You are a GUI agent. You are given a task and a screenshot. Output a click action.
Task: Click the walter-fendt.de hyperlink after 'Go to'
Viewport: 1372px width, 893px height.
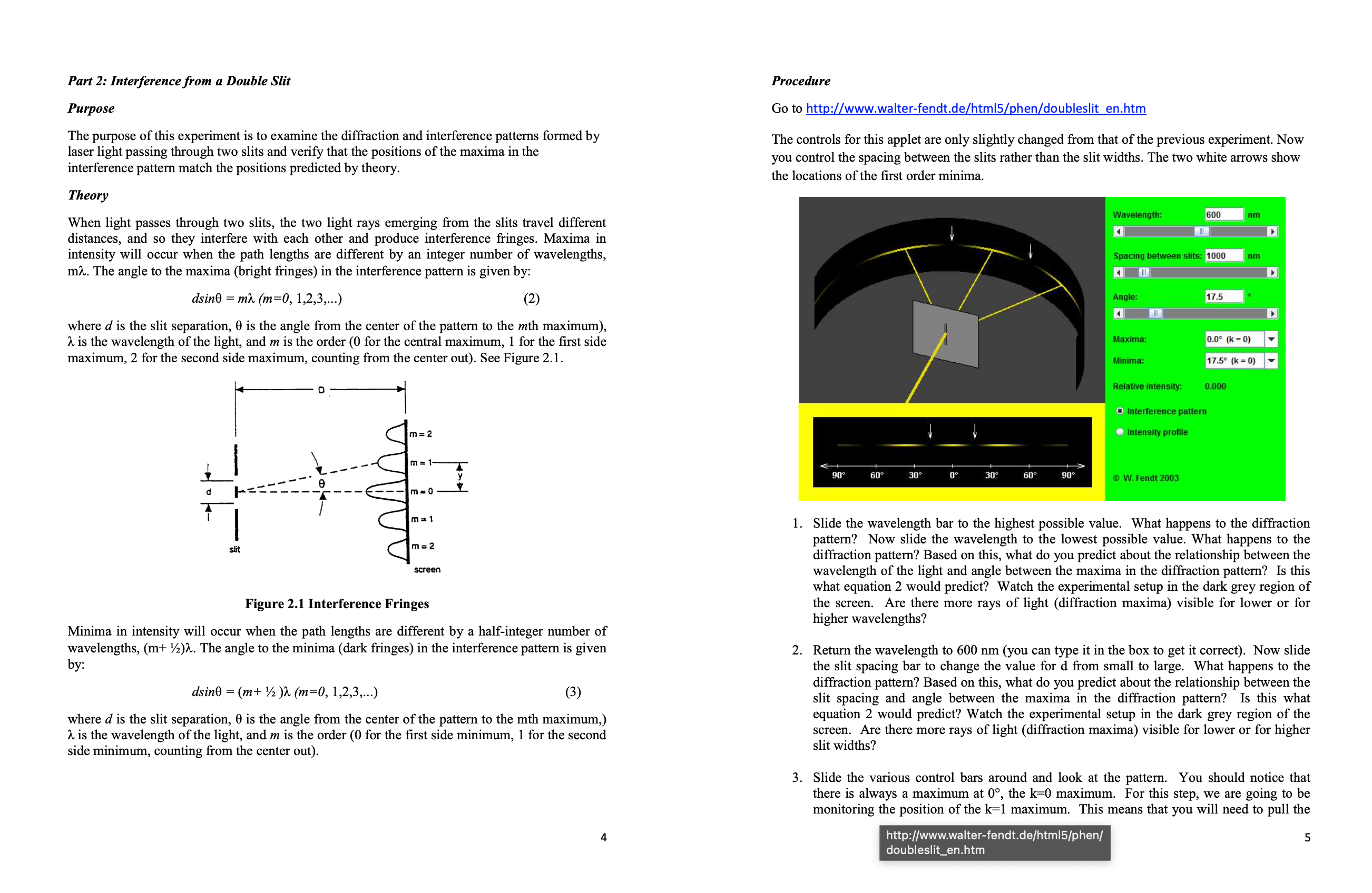point(975,108)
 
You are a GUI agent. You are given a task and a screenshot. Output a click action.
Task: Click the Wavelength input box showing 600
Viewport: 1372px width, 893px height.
point(1223,214)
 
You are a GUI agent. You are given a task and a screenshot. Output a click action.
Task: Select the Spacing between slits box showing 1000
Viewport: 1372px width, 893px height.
point(1223,255)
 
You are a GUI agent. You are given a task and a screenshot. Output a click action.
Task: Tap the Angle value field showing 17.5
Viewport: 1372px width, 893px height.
point(1223,296)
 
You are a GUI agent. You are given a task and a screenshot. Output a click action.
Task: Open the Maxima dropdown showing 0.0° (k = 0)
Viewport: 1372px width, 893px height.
point(1270,339)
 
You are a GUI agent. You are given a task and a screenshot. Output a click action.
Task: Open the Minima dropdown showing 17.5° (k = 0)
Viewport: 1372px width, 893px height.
point(1270,361)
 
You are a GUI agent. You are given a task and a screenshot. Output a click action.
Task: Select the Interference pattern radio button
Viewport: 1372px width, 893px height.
point(1120,411)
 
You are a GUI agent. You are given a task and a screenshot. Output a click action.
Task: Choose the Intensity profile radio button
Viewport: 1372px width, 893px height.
point(1120,432)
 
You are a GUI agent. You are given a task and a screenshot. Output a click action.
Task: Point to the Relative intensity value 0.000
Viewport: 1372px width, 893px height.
point(1215,386)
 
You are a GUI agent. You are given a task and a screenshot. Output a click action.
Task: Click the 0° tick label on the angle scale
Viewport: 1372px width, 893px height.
point(954,475)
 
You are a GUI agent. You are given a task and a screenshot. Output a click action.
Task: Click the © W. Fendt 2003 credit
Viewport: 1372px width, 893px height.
point(1145,478)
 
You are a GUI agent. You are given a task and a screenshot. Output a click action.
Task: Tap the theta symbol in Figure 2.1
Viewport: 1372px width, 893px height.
point(322,483)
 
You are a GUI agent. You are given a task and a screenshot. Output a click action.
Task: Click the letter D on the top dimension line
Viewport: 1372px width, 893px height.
point(321,390)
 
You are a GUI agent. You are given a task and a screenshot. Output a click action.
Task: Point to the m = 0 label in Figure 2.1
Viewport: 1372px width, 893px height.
point(422,491)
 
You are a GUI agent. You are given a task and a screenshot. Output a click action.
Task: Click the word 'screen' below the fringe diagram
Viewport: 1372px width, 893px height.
point(427,569)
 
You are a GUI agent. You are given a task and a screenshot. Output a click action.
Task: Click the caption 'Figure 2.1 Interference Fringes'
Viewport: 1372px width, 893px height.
point(337,603)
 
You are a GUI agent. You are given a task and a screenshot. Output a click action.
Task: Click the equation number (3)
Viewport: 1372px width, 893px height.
point(572,691)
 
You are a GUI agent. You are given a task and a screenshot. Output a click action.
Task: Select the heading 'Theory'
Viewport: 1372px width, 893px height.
point(88,195)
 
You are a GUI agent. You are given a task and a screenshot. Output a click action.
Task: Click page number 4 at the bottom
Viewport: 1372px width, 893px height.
point(603,837)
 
